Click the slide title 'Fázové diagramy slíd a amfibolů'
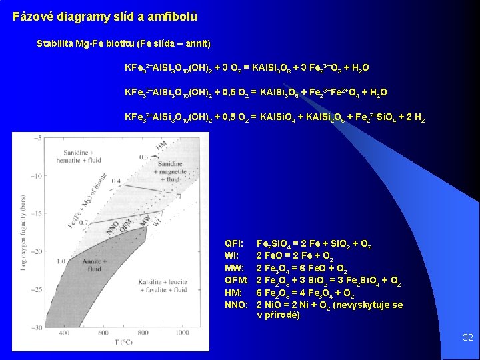(x=105, y=16)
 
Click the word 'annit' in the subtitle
(x=196, y=44)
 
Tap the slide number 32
(x=468, y=338)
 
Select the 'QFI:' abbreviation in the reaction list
(x=234, y=245)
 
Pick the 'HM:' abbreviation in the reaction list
(x=234, y=294)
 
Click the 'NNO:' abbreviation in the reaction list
(x=237, y=305)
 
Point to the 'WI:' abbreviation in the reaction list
(x=233, y=255)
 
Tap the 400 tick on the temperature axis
(x=62, y=333)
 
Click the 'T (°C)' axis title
(x=121, y=342)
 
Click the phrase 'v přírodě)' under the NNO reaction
(x=278, y=315)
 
